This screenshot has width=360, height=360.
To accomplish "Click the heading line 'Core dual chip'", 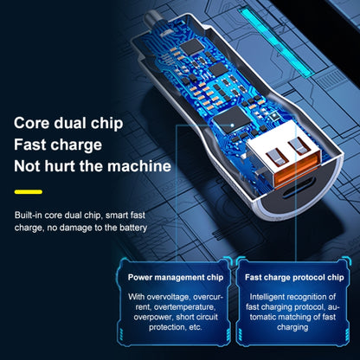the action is (68, 124).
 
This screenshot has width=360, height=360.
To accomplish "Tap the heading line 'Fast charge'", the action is (58, 145).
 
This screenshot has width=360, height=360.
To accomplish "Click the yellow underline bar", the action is (29, 192).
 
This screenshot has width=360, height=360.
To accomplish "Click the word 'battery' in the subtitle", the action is (133, 228).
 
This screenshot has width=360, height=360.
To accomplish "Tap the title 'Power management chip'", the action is (176, 278).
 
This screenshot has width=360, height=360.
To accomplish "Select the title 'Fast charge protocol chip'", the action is (294, 278).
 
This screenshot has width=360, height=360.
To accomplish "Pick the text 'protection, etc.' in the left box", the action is (176, 327).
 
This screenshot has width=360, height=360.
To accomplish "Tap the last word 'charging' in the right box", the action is (292, 327).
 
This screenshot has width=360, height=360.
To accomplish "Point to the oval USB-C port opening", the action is (299, 190).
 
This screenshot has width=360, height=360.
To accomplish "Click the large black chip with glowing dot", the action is (231, 119).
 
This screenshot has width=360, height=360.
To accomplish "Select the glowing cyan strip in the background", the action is (274, 42).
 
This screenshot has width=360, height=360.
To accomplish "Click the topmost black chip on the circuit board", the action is (191, 47).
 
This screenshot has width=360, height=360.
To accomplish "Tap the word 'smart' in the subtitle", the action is (117, 215).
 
